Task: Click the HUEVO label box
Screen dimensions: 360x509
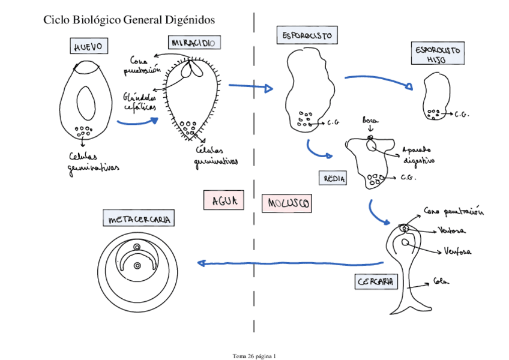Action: (x=88, y=46)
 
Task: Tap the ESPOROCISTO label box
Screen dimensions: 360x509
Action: (x=306, y=35)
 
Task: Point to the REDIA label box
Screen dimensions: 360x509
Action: (x=335, y=178)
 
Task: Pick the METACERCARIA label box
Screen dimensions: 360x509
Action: (x=139, y=219)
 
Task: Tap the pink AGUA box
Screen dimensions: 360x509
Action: (x=224, y=200)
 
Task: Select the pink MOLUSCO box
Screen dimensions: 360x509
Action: (x=287, y=204)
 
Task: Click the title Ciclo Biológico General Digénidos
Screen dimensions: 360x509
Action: (x=129, y=20)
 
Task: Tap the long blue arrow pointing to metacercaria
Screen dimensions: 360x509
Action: (x=291, y=263)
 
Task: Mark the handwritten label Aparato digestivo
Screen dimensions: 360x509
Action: (x=418, y=155)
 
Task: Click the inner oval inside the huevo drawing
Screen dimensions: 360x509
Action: (x=86, y=103)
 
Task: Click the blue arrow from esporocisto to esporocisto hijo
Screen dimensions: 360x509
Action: (x=378, y=79)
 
